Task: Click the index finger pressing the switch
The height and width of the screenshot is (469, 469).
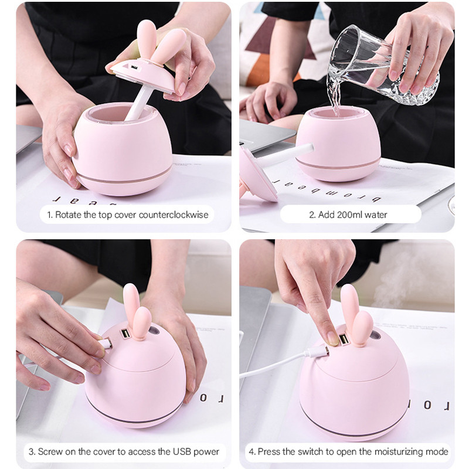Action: click(320, 317)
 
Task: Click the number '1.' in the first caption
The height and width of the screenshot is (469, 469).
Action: click(50, 215)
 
